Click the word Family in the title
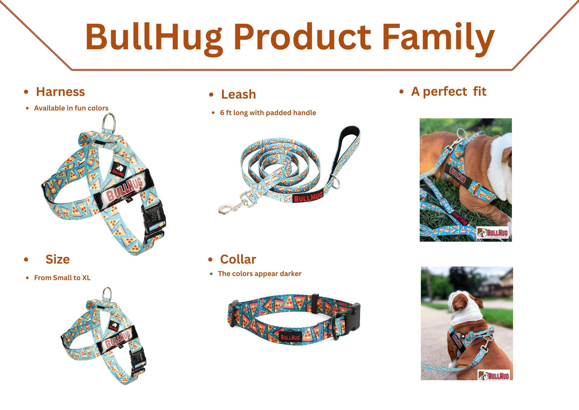(x=438, y=37)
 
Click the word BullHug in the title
(x=153, y=37)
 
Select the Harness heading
(x=60, y=92)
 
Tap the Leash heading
(x=238, y=94)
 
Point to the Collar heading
(x=238, y=260)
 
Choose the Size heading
(x=57, y=260)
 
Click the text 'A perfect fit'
(x=448, y=91)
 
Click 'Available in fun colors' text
(x=71, y=108)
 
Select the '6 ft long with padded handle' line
(x=268, y=113)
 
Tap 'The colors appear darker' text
(x=259, y=274)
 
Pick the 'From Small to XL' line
(x=62, y=278)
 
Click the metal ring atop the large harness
(x=109, y=122)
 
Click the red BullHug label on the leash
(x=308, y=197)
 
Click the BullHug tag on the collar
(x=290, y=337)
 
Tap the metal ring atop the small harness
(x=107, y=294)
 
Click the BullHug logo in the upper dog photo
(x=493, y=233)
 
